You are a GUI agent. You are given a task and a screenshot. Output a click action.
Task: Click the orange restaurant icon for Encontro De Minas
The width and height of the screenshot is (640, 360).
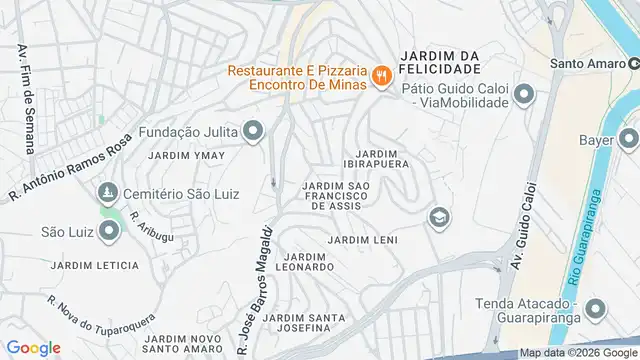(x=380, y=76)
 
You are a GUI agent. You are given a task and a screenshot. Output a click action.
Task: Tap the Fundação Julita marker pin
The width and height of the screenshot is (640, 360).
(x=254, y=131)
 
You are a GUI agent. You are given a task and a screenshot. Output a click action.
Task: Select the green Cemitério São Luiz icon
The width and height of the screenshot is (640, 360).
(x=105, y=192)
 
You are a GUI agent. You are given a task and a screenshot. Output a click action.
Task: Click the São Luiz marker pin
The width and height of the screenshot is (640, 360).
(x=110, y=232)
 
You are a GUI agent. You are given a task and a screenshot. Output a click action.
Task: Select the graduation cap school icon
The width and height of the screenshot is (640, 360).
(x=438, y=217)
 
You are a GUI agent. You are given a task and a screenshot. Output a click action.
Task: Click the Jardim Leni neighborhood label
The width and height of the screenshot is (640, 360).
(x=362, y=241)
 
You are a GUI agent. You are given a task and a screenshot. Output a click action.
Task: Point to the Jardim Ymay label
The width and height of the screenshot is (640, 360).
(x=180, y=156)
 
